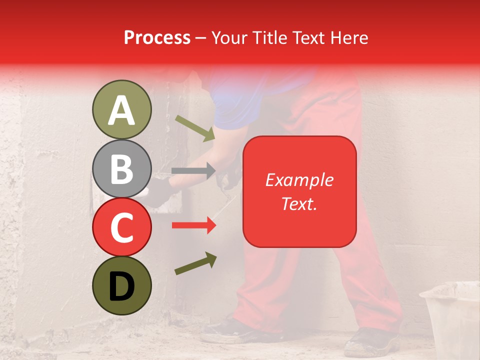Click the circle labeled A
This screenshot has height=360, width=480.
(x=121, y=109)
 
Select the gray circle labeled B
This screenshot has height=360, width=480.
(x=121, y=168)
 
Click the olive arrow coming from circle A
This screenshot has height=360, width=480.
(x=195, y=128)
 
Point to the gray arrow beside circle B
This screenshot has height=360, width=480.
(x=193, y=171)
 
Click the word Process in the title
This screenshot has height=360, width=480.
(x=157, y=37)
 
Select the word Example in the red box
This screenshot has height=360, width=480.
(x=299, y=180)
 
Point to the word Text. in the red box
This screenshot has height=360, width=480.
(x=299, y=203)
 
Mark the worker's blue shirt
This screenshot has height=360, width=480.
(x=240, y=100)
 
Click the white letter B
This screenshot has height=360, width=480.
(x=121, y=168)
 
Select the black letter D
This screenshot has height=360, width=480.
(x=121, y=286)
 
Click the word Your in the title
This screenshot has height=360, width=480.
(x=230, y=37)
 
